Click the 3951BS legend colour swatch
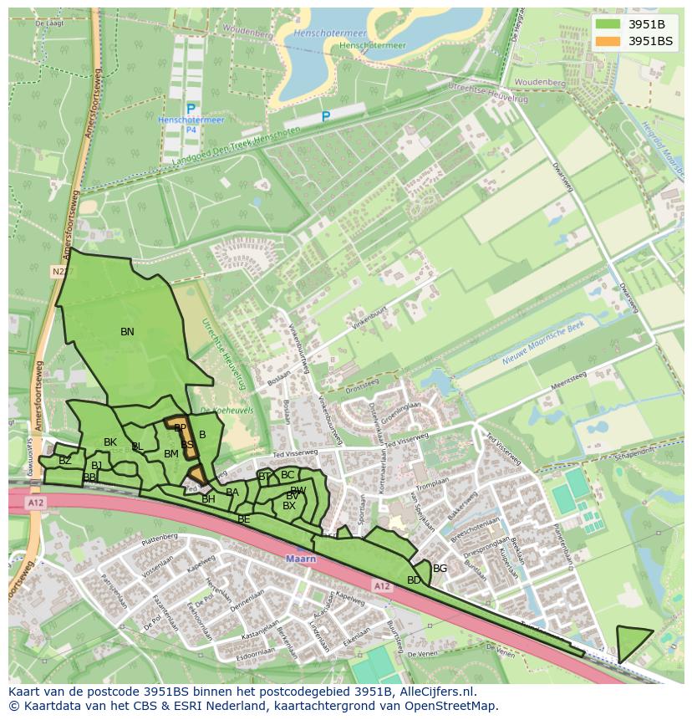pos(608,41)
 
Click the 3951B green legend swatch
pos(608,24)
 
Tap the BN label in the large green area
pos(127,332)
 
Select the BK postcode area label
pos(110,442)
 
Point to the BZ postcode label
pos(65,461)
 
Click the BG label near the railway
pos(440,569)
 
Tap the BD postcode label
pos(414,580)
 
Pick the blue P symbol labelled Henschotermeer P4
pos(191,110)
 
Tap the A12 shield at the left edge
pos(34,503)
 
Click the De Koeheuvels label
pos(216,410)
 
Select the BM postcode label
pos(171,454)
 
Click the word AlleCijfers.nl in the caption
pos(435,692)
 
